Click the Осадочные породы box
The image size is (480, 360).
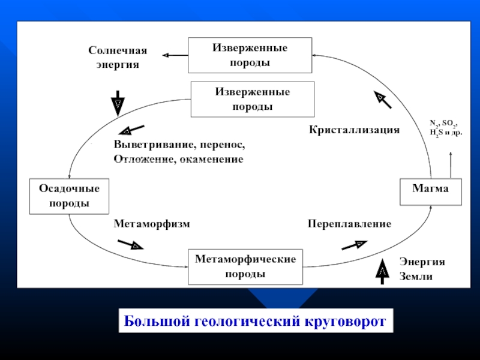[69, 196]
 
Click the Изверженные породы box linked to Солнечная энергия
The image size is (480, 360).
[250, 55]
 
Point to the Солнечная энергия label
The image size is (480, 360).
[118, 58]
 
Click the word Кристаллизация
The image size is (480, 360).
[354, 130]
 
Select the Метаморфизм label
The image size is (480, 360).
[152, 224]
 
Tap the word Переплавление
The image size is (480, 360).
[349, 224]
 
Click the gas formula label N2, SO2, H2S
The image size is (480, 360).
[446, 127]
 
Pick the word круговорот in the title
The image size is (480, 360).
[343, 321]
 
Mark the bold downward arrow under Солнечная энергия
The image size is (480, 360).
[118, 103]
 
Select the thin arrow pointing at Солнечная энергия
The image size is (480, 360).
[175, 55]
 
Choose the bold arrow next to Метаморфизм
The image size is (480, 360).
[131, 244]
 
